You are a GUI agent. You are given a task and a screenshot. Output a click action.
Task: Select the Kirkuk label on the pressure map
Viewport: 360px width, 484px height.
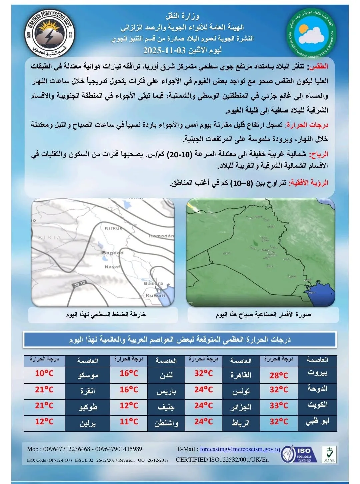[114, 228]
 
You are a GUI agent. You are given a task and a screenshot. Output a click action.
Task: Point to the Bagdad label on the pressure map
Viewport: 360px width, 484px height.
[113, 253]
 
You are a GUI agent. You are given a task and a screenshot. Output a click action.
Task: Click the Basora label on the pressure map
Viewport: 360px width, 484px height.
[153, 283]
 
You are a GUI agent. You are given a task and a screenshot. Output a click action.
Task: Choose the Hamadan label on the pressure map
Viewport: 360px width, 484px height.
[161, 236]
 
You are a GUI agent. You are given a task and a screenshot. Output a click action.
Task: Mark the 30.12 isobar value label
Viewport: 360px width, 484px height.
[80, 284]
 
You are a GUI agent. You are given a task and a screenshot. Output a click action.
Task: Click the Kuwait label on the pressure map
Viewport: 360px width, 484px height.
[155, 295]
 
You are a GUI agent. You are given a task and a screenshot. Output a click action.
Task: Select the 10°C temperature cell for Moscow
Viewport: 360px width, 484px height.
[44, 373]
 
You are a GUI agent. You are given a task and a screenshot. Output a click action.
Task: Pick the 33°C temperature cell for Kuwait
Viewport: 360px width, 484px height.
[279, 405]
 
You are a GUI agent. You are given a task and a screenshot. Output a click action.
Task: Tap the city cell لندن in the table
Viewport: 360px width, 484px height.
[166, 375]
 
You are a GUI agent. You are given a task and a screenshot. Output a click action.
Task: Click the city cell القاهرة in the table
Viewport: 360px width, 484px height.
[241, 375]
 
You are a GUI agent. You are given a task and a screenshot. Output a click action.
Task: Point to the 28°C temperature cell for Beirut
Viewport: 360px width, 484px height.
[279, 375]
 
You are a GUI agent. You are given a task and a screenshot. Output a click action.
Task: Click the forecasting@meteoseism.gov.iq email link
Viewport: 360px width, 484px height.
[240, 449]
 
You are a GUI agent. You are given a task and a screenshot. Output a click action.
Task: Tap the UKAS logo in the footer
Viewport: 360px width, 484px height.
[328, 455]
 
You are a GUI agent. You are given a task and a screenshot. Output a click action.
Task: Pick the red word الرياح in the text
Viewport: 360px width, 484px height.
[319, 154]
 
